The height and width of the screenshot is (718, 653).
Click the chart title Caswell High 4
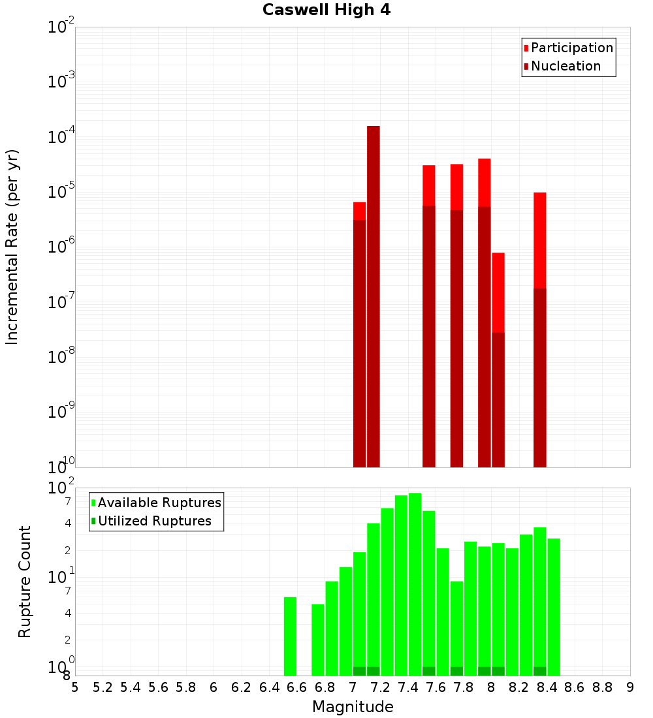(326, 10)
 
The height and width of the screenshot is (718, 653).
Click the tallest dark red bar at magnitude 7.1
(374, 294)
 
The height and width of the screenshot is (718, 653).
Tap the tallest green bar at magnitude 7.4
(415, 581)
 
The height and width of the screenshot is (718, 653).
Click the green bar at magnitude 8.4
(554, 607)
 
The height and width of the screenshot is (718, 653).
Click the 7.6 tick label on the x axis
(436, 687)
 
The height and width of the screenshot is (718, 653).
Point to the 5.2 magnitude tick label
(103, 687)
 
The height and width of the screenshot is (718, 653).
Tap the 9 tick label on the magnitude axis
(630, 687)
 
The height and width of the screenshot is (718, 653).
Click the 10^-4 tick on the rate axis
(62, 138)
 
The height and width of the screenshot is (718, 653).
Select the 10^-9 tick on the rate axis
(62, 413)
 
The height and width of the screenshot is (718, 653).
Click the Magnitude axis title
(353, 707)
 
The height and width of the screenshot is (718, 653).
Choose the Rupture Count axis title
(25, 582)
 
